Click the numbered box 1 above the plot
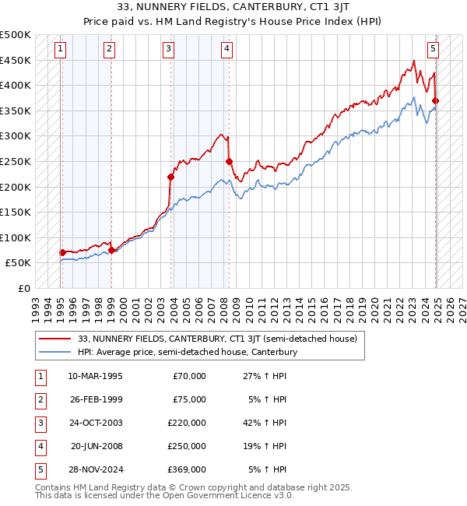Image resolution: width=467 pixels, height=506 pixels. [x=61, y=49]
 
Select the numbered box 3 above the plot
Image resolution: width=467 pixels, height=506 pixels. [x=168, y=49]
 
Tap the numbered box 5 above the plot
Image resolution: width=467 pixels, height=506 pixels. [x=433, y=49]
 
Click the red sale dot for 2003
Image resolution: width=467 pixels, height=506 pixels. [x=171, y=177]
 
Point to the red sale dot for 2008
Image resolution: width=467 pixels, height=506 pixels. [x=230, y=162]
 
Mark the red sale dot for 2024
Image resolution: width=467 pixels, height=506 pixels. [x=436, y=101]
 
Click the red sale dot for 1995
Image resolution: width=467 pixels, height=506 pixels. [x=62, y=252]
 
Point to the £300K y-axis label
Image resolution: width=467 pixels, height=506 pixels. [x=16, y=136]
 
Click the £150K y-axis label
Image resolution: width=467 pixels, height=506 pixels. [x=16, y=213]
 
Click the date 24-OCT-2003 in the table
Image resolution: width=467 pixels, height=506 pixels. [x=96, y=423]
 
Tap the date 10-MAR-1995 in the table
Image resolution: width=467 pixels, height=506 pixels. [x=96, y=376]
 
